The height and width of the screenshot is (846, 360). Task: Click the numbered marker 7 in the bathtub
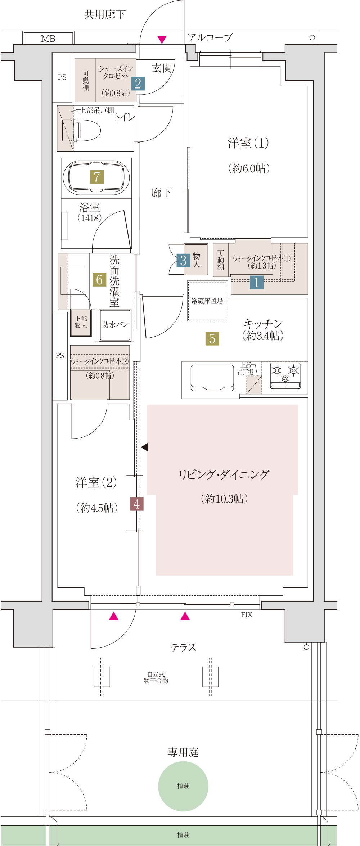pos(96,177)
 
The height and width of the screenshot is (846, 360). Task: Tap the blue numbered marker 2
pos(138,84)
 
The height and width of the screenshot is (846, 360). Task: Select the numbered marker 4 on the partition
pos(136,504)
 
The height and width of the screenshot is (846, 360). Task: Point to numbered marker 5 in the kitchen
pos(212,338)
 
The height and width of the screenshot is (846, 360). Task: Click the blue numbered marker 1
pos(256,282)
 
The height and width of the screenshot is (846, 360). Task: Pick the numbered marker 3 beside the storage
pos(183,260)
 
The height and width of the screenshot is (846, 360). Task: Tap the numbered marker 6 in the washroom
pos(99,279)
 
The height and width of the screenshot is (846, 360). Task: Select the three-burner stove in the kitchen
pos(285,376)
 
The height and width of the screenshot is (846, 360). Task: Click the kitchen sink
pos(212,378)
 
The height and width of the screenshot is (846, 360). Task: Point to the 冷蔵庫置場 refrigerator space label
pos(207,301)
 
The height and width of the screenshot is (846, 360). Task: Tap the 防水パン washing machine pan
pos(115,324)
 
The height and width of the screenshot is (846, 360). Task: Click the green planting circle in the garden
pos(183,786)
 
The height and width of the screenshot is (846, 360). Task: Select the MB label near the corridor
pos(48,39)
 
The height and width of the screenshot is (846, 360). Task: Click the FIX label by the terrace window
pos(247,615)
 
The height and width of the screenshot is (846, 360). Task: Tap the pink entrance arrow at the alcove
pos(162,40)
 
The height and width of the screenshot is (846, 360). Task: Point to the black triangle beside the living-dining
pos(144,447)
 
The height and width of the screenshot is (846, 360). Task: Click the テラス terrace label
pos(183,648)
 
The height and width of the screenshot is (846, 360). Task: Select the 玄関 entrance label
pos(162,68)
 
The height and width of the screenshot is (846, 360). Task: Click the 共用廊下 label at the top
pos(105,14)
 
